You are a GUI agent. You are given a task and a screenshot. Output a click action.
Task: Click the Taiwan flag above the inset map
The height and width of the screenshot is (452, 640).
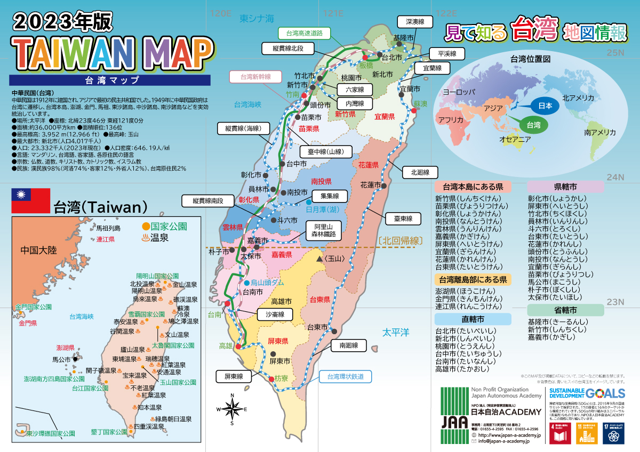pyautogui.click(x=30, y=201)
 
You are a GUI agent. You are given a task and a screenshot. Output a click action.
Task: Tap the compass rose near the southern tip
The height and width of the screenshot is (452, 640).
pyautogui.click(x=232, y=409)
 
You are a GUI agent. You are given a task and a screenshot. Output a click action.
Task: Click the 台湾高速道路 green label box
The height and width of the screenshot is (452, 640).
pyautogui.click(x=305, y=33)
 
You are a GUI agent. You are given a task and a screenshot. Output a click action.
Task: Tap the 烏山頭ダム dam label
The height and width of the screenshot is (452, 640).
pyautogui.click(x=267, y=282)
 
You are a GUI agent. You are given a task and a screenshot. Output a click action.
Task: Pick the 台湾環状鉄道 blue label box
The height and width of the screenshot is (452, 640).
pyautogui.click(x=346, y=377)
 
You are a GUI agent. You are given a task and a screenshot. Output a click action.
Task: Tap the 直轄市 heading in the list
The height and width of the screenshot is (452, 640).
pyautogui.click(x=473, y=319)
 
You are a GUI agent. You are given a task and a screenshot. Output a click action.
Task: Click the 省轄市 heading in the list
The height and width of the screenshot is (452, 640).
pyautogui.click(x=565, y=310)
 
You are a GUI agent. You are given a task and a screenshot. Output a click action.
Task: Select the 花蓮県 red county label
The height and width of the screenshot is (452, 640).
pyautogui.click(x=369, y=165)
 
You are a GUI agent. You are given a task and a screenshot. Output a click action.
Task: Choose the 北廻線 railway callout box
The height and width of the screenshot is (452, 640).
pyautogui.click(x=423, y=172)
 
